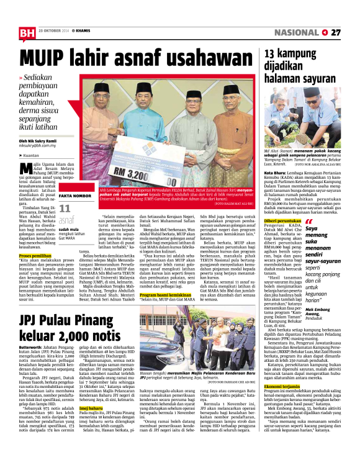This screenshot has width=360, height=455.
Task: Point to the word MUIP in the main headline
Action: [x=45, y=60]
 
